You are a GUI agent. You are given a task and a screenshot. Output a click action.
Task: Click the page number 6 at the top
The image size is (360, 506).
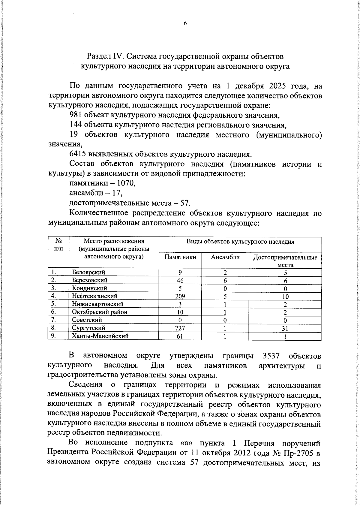[185, 23]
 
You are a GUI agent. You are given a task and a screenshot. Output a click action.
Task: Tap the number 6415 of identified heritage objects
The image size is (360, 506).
[78, 154]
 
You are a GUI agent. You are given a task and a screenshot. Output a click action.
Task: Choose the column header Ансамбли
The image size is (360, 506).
[225, 257]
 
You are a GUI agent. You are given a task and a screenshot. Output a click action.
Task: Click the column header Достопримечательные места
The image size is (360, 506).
[285, 261]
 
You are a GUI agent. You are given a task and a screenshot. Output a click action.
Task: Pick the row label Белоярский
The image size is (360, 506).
[88, 272]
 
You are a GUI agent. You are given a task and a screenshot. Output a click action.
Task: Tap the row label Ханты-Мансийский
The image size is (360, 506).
[100, 336]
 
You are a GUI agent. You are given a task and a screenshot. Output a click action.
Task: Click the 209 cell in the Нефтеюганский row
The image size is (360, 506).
[180, 296]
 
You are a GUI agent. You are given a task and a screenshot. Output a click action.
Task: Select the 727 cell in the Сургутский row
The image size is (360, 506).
[180, 328]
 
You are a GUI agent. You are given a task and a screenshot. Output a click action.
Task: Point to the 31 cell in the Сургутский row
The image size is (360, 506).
[285, 329]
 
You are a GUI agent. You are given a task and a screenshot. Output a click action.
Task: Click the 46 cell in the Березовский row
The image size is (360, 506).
[180, 280]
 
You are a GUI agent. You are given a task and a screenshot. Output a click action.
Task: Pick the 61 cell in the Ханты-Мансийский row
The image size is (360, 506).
[180, 336]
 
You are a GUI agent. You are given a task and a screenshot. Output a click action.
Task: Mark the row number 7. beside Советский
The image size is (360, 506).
[53, 320]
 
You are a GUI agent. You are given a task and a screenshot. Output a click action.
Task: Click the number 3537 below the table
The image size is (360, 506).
[271, 356]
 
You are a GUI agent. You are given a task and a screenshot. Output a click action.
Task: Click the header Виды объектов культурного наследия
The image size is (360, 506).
[240, 242]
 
